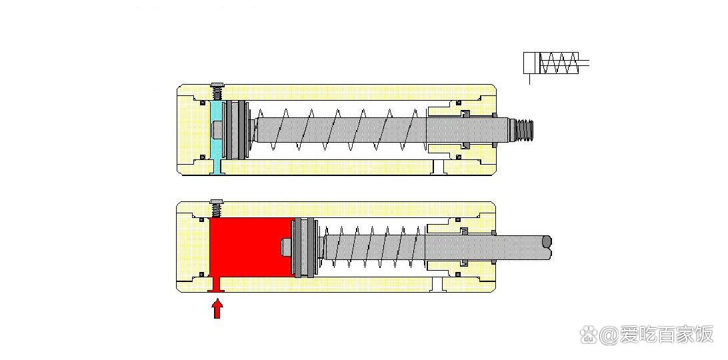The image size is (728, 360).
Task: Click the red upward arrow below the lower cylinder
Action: [217, 309]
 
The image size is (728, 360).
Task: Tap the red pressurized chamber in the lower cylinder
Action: [251, 247]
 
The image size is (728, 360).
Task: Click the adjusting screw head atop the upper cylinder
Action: [217, 85]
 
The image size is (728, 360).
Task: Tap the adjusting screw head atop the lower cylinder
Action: [217, 201]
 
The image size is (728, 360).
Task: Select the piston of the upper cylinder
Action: [236, 130]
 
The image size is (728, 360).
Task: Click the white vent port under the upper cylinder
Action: [438, 167]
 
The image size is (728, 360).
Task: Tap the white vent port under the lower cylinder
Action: [438, 284]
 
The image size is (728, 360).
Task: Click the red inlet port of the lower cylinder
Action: [217, 284]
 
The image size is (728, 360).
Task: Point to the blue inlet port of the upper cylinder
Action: [217, 167]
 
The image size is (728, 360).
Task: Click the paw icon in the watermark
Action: [588, 334]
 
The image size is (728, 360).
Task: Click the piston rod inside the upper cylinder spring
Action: [339, 130]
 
